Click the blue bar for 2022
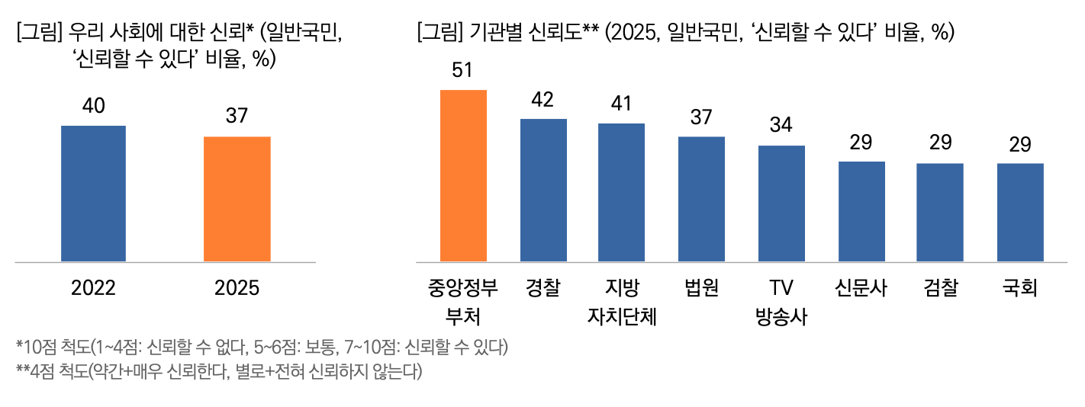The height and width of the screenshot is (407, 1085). click(x=93, y=194)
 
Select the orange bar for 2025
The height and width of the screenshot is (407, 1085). click(x=237, y=199)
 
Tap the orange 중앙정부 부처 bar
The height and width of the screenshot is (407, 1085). click(x=464, y=176)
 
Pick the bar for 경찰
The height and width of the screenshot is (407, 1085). click(x=543, y=191)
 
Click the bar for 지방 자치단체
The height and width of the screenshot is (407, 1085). click(x=621, y=193)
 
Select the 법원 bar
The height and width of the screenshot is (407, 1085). click(x=701, y=199)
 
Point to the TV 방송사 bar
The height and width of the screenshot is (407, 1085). click(x=781, y=203)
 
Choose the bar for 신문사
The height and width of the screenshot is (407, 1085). click(x=861, y=211)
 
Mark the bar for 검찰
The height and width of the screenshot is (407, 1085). click(x=939, y=213)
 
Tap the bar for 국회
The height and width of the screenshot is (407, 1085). click(x=1020, y=213)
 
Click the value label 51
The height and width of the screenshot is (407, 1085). click(x=462, y=70)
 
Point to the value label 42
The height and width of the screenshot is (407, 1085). click(x=542, y=100)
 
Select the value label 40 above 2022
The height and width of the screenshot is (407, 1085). click(x=93, y=107)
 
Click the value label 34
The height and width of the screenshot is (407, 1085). click(x=781, y=126)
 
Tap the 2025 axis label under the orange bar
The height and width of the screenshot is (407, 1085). click(x=237, y=288)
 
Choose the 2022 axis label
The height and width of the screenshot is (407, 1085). click(x=93, y=288)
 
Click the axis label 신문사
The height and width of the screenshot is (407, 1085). click(x=861, y=288)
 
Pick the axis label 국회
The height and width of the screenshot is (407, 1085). click(x=1020, y=288)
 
